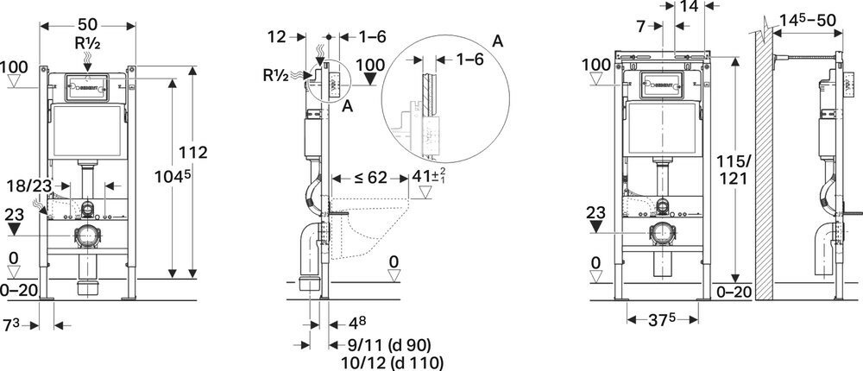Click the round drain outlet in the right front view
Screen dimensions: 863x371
click(x=663, y=233)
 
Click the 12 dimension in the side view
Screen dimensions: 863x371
click(x=276, y=37)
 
